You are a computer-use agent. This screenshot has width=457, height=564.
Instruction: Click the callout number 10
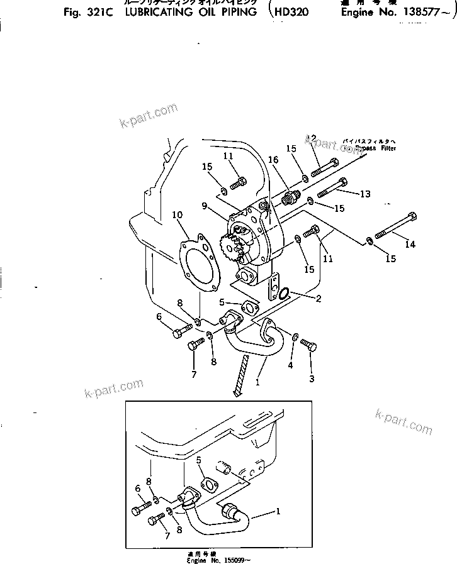177,216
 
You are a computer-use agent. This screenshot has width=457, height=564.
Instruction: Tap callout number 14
410,244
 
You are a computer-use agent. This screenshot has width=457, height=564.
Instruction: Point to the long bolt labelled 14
393,227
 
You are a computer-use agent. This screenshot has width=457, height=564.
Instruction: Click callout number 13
365,194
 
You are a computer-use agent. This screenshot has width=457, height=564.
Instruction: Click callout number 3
311,379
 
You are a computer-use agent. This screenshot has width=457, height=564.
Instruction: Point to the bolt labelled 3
308,345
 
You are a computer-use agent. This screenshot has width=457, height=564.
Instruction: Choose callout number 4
290,365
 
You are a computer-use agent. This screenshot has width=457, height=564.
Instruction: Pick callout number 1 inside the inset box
276,511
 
